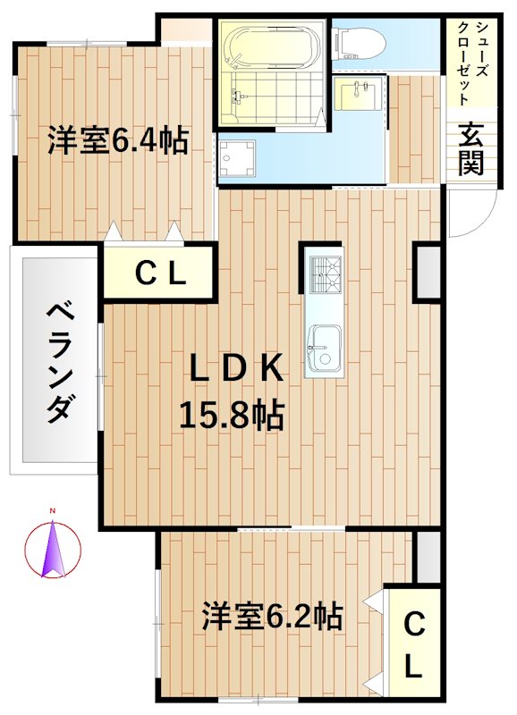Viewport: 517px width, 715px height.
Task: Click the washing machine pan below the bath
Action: tap(236, 158)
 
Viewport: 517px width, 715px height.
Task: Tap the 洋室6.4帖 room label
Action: tap(117, 140)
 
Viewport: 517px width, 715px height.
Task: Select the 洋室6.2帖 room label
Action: tap(271, 616)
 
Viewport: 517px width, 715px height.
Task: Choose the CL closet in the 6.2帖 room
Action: tap(412, 643)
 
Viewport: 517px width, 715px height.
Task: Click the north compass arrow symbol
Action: tap(53, 548)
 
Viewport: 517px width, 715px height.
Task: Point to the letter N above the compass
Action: tap(53, 510)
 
